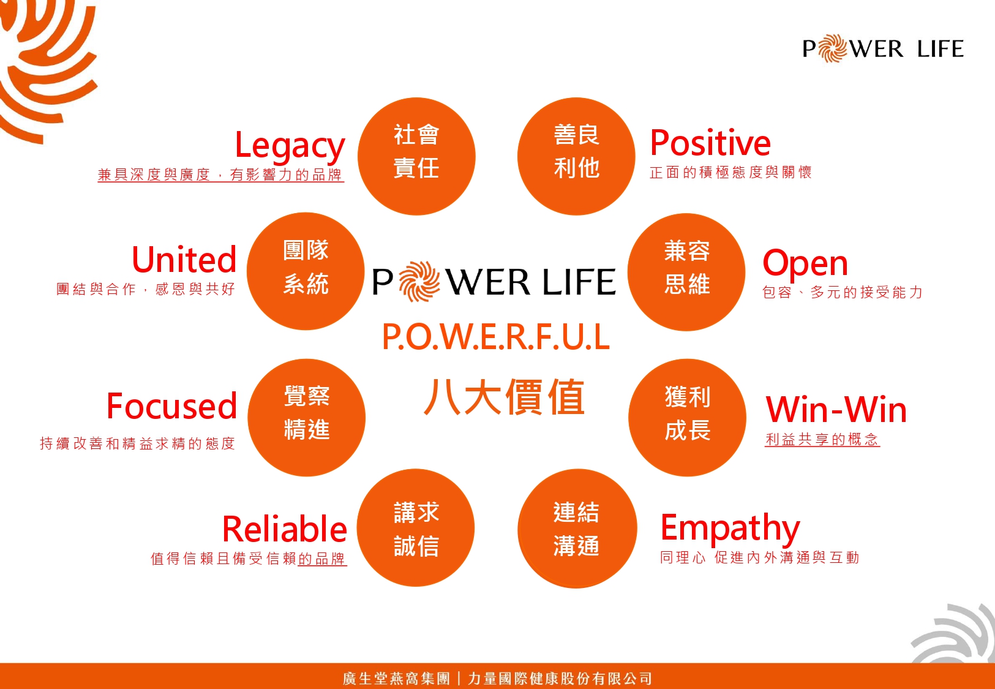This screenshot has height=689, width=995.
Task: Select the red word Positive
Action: point(710,143)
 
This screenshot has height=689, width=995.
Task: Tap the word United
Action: point(184,259)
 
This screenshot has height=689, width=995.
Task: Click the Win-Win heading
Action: point(836,409)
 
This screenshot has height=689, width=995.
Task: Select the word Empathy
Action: point(730,529)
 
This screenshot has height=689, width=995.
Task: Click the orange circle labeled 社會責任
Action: point(416,156)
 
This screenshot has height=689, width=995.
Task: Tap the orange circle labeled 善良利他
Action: point(576,156)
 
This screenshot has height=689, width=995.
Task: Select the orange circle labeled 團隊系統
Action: point(306,271)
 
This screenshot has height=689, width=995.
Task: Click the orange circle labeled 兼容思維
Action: point(686,272)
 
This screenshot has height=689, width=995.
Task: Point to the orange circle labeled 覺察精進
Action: point(307,418)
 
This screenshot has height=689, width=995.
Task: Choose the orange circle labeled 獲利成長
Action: point(687,418)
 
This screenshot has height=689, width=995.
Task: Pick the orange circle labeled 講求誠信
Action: point(416,528)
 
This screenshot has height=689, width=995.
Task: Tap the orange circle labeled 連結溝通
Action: point(577,528)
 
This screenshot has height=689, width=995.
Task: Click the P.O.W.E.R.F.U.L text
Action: point(496,337)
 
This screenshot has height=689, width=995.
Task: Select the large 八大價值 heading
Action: point(504,397)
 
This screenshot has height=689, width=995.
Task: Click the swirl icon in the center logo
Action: point(419,282)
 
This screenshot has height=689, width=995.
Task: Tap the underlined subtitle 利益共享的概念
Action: point(822,439)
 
